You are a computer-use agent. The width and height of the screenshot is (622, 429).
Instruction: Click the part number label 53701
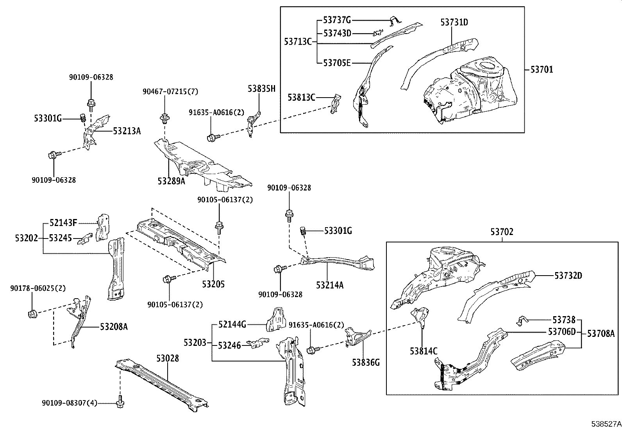pos(542,69)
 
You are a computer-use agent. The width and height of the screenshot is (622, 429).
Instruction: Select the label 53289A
pos(172,181)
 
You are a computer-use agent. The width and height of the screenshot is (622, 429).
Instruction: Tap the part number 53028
pos(168,358)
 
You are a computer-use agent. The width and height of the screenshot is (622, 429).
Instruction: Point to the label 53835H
pos(261,89)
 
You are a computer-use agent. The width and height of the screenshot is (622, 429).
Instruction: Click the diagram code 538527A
pos(606,424)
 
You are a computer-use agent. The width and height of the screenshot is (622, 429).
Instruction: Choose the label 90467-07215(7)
pos(170,92)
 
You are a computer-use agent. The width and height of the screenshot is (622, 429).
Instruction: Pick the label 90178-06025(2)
pos(38,288)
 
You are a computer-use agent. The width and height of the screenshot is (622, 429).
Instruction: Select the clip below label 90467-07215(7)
pos(164,119)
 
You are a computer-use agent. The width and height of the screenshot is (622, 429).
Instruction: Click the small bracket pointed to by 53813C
pos(336,104)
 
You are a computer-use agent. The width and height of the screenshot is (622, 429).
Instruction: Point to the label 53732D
pos(568,276)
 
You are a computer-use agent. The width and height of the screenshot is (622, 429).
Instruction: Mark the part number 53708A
pos(601,333)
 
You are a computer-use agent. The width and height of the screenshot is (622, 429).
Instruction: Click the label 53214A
pos(330,285)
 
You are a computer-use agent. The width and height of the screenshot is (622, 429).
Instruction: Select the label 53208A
pos(114,327)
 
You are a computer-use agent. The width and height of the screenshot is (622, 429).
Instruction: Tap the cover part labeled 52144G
pos(276,320)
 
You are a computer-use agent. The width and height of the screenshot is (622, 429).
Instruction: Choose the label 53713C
pos(298,42)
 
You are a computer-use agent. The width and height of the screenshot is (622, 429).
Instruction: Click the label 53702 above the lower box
pos(502,232)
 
